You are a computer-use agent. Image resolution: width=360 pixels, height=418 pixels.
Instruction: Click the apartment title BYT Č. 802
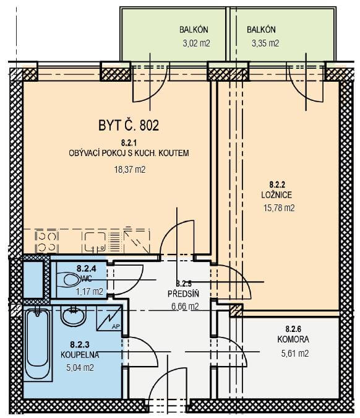click(129, 125)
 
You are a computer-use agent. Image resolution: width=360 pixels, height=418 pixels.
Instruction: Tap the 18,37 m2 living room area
click(130, 170)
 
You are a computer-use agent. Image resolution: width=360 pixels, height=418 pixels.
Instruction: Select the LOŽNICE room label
click(276, 195)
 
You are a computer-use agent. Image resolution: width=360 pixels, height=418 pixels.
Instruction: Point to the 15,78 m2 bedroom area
click(279, 207)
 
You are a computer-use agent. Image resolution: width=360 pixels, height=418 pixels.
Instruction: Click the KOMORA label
click(293, 339)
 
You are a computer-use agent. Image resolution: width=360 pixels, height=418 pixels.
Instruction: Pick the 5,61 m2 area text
click(295, 354)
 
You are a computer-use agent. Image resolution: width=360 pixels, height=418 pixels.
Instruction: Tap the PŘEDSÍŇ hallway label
click(183, 294)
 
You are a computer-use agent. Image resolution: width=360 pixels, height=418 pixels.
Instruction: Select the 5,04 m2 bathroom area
click(80, 368)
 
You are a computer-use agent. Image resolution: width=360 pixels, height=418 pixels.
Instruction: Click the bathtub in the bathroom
click(38, 344)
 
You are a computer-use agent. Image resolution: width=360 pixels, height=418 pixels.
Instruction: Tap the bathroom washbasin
click(73, 316)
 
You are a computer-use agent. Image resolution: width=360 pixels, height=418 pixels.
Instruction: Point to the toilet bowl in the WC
click(70, 279)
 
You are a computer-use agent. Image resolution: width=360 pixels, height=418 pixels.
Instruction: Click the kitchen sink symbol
click(95, 242)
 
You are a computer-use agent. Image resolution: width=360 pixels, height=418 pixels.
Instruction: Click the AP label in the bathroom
click(116, 327)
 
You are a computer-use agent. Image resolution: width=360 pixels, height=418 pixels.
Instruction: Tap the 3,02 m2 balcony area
click(196, 43)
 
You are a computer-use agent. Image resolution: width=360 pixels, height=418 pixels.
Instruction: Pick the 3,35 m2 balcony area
click(265, 43)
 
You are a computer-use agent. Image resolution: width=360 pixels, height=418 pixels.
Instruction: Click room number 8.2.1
click(129, 143)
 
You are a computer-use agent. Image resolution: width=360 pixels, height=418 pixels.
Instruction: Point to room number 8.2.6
click(293, 329)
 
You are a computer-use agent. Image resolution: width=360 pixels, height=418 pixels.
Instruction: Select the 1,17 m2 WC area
click(90, 292)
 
